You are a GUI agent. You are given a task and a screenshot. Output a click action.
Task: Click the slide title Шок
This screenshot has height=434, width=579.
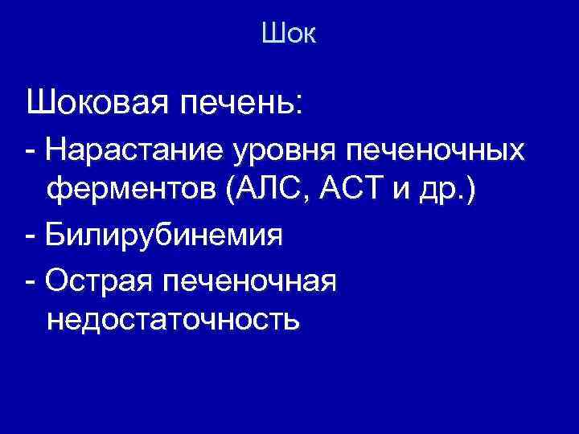point(289,34)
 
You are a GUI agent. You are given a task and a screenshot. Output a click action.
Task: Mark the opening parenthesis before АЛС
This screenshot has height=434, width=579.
point(231,192)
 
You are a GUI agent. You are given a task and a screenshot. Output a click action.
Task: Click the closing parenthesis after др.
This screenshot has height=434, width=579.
point(470,192)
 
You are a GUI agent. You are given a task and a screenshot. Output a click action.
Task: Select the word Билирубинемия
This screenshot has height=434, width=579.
point(165,236)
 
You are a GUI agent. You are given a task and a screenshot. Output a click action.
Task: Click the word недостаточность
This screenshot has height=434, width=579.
point(174,321)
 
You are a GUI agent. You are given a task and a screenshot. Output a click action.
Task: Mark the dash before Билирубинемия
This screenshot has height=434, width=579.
point(31,237)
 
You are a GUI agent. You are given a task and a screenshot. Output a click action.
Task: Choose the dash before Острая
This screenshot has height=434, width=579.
point(31,280)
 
